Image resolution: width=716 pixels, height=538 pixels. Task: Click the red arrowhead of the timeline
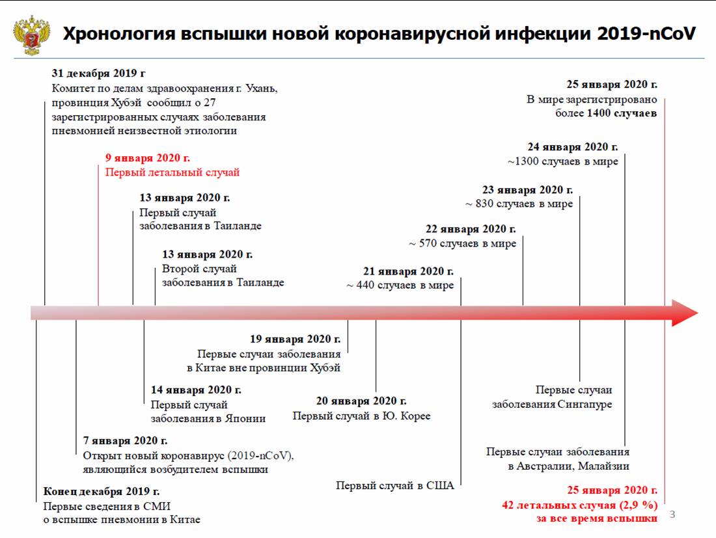point(685,313)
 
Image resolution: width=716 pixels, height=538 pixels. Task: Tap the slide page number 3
point(672,515)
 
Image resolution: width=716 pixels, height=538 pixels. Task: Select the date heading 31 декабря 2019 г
point(98,74)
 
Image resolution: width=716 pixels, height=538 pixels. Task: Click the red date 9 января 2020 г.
point(148,158)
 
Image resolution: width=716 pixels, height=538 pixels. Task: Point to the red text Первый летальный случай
point(172,172)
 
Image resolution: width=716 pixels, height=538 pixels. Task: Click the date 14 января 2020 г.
point(196,390)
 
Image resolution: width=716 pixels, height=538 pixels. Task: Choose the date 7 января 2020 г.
point(125,441)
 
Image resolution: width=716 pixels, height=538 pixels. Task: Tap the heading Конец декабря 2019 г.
point(102,491)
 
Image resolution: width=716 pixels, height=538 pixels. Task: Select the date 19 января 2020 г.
point(295,339)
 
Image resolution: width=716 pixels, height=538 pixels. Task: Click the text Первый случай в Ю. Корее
point(361,416)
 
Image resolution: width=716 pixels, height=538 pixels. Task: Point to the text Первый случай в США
point(395,485)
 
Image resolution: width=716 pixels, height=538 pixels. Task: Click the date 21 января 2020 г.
point(408,271)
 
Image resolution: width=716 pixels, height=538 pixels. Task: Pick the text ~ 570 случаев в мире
point(462,244)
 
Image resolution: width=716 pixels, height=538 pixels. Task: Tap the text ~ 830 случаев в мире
point(519,204)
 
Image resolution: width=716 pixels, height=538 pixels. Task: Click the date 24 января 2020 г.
point(573,147)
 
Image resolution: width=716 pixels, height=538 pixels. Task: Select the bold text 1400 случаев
point(622,113)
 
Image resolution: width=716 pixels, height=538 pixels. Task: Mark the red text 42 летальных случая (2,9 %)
point(579,505)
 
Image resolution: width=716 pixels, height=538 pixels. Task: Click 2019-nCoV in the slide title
point(646,34)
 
